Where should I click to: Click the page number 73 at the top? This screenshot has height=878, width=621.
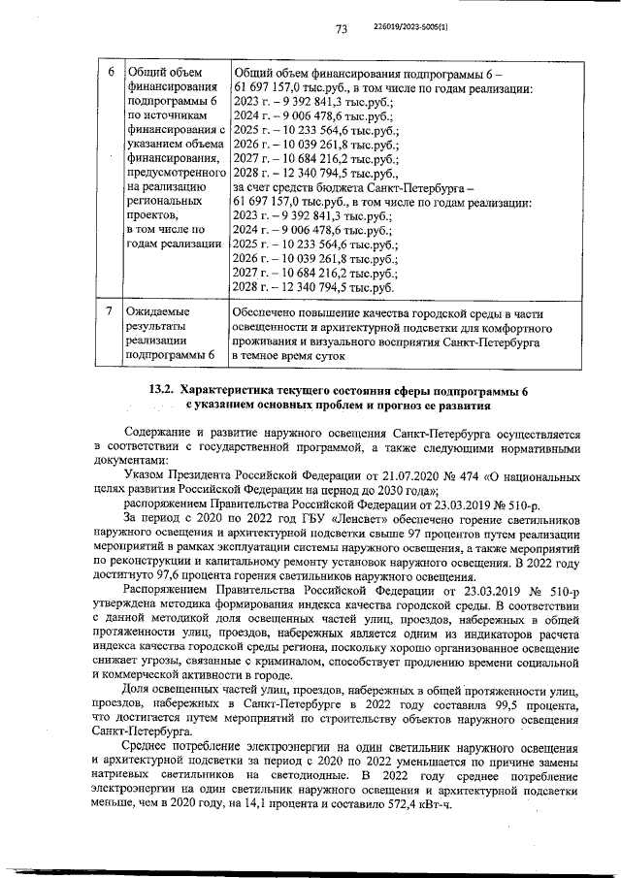click(342, 30)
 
